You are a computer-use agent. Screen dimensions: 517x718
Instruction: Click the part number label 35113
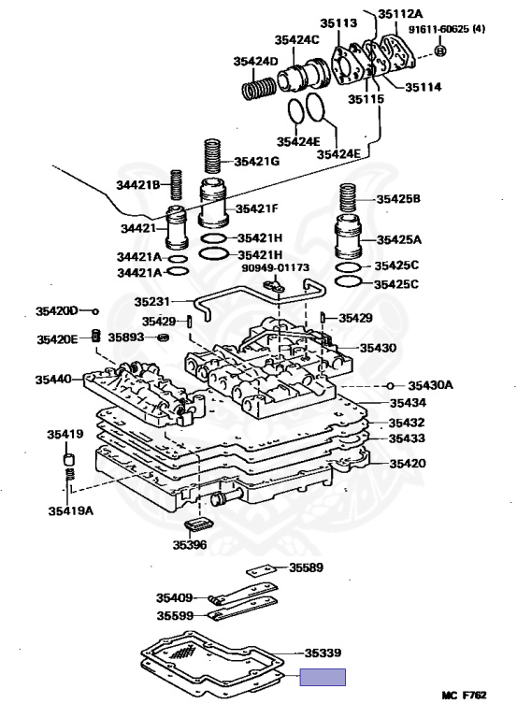tap(337, 22)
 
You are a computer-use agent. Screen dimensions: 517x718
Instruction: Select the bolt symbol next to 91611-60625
tap(439, 50)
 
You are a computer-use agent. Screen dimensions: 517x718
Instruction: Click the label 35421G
tap(256, 161)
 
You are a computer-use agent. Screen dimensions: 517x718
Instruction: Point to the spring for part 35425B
tap(348, 198)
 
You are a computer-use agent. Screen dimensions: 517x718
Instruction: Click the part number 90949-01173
tap(275, 267)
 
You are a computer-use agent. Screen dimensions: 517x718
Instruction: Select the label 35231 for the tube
tap(152, 301)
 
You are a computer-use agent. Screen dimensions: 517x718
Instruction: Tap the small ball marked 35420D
tap(95, 311)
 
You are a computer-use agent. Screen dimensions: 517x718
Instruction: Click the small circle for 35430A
tap(390, 385)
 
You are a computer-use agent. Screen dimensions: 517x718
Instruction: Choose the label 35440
tap(53, 380)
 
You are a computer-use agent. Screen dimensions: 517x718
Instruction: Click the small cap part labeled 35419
tap(68, 459)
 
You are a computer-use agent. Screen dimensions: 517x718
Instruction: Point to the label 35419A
tap(70, 510)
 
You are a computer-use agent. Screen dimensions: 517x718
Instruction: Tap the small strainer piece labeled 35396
tap(198, 524)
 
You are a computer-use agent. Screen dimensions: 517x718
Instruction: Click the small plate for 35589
tap(259, 570)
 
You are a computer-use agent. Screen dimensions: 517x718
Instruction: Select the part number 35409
tap(175, 597)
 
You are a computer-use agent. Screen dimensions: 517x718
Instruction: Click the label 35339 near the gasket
tap(323, 653)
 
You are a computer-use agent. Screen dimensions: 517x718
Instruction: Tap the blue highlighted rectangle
tap(323, 677)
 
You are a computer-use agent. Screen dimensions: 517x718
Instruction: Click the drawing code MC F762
tap(464, 696)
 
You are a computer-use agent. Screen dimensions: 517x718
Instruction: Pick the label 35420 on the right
tap(408, 464)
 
